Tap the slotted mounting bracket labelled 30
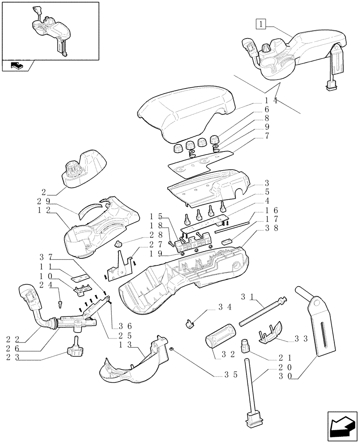coord(317,328)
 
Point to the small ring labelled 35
coord(171,350)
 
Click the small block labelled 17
coord(227,241)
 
